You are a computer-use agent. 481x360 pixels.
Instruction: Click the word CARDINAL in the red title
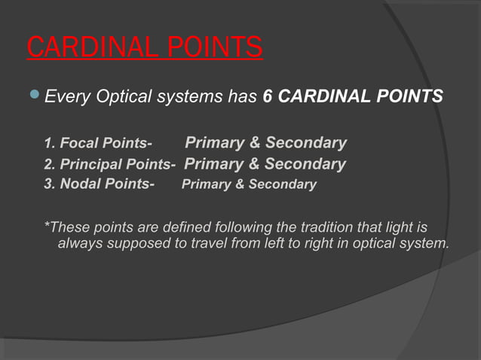point(89,47)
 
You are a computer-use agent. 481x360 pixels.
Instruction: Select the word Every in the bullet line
point(66,97)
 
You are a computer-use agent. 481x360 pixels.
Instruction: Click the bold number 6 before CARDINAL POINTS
point(268,97)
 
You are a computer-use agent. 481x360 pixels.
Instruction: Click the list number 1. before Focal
point(50,144)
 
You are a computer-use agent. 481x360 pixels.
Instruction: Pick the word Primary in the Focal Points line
point(214,143)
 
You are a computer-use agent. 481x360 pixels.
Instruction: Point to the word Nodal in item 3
point(79,185)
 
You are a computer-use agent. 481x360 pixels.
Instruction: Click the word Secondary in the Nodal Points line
point(281,185)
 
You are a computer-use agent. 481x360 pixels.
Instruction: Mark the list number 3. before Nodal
point(50,185)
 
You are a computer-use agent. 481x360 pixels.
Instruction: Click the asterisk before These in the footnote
point(47,225)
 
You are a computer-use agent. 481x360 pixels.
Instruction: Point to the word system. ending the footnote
point(425,244)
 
